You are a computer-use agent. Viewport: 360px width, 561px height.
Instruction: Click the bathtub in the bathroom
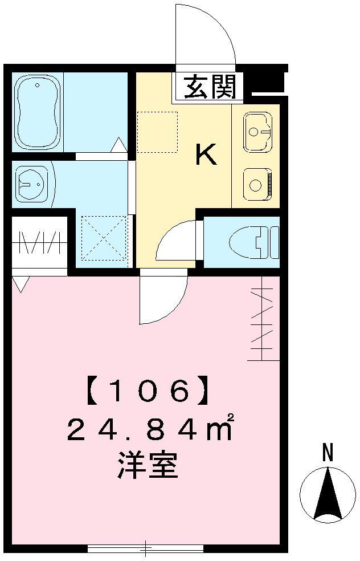click(x=38, y=112)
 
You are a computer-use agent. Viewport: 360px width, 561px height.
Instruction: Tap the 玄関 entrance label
click(x=211, y=87)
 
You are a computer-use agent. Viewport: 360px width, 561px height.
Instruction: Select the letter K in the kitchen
click(x=206, y=154)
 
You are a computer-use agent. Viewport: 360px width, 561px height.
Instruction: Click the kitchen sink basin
click(x=257, y=131)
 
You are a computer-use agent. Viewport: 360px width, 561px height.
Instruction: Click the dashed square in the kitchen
click(x=157, y=132)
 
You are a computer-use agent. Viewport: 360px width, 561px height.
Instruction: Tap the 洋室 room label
click(x=148, y=465)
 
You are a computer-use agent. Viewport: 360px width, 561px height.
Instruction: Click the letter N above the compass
click(x=328, y=453)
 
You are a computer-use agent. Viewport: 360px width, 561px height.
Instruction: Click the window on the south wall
click(x=145, y=547)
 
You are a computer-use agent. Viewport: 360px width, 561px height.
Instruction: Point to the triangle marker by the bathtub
click(x=118, y=145)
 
